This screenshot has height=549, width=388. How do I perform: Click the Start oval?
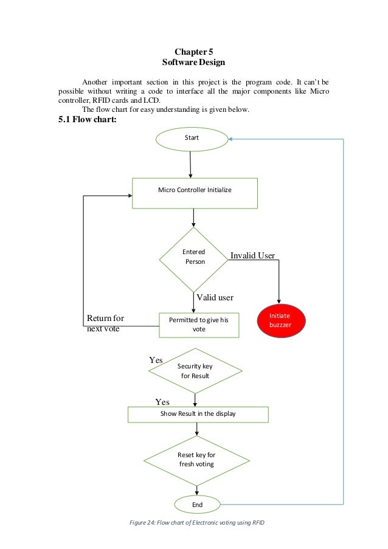192,139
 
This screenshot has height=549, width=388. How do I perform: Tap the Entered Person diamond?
195,259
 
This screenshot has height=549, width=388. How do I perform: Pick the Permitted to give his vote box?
199,324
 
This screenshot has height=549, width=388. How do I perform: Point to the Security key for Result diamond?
195,371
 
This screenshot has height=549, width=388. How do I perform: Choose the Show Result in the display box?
198,414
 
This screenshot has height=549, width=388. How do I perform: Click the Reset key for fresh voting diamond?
196,460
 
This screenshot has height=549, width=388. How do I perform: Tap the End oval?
196,505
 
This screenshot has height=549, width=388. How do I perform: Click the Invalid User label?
252,256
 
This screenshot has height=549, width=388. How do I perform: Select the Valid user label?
215,297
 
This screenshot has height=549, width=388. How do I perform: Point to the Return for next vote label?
105,323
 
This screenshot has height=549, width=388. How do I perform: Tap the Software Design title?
193,63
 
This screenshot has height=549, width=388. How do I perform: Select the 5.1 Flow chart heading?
87,119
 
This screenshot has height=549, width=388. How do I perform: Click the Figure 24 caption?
193,524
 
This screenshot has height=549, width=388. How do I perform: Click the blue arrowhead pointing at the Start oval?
232,139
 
